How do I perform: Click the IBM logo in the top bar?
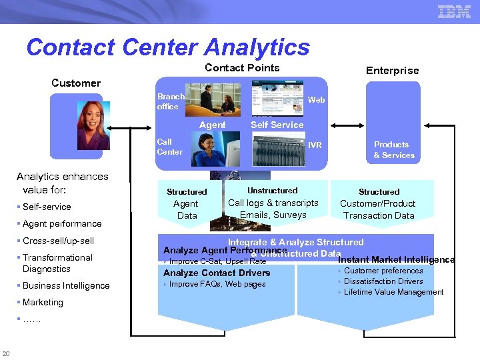point(454,11)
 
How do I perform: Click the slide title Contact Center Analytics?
point(168,47)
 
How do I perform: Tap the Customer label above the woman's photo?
point(76,83)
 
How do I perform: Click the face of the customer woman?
point(91,123)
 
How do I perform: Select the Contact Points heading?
point(242,68)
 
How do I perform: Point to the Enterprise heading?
point(393,71)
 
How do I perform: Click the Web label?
point(316,99)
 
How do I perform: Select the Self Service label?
point(277,125)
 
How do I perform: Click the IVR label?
point(315,145)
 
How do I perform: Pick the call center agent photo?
point(215,148)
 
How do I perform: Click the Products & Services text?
point(393,150)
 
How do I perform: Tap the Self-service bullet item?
point(47,207)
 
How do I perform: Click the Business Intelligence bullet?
point(66,286)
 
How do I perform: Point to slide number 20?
point(6,353)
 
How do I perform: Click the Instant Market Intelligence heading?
point(396,260)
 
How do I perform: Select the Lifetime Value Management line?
point(393,292)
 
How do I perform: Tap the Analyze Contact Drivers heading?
point(217,273)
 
